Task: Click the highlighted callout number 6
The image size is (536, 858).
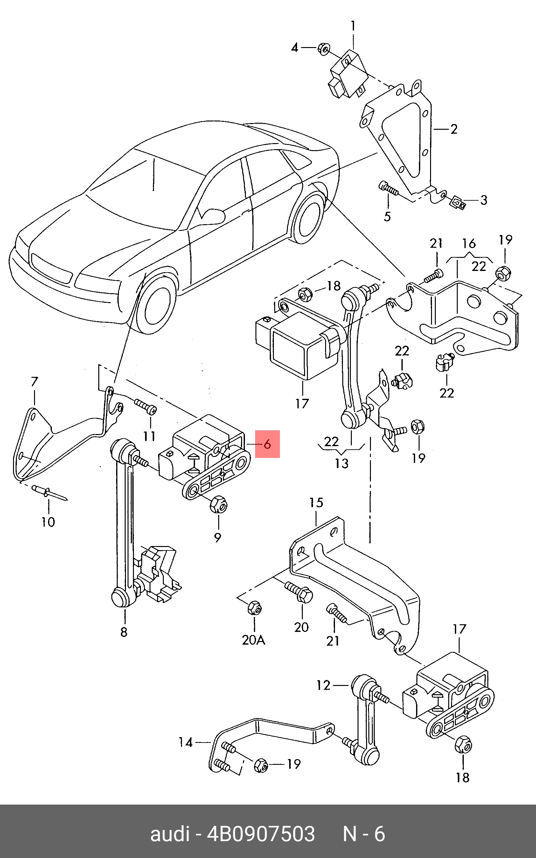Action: (x=267, y=444)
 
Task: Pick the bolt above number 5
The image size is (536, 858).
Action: (x=388, y=189)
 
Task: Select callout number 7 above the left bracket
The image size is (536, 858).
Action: (x=34, y=382)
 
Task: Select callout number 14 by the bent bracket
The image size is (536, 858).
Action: (x=185, y=742)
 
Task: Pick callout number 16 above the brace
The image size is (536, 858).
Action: (x=469, y=244)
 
